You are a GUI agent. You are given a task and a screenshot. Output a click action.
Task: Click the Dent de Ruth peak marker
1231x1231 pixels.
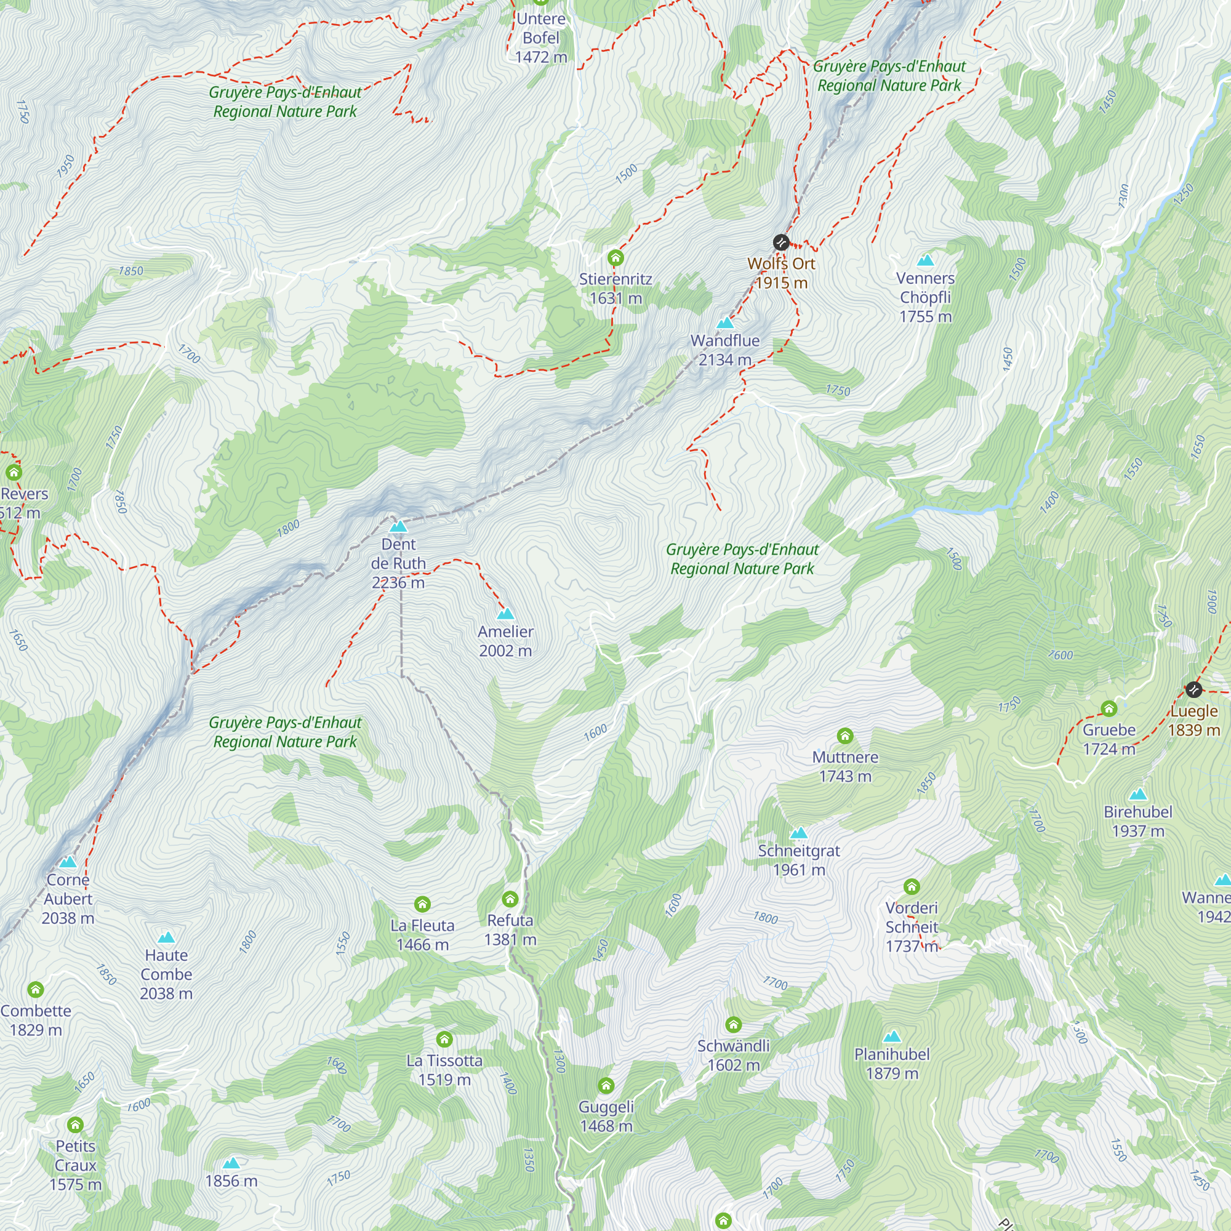coord(398,526)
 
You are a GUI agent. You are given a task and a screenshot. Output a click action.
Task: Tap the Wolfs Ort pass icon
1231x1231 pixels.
coord(781,242)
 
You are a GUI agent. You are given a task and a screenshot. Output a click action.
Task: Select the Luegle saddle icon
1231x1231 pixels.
coord(1193,689)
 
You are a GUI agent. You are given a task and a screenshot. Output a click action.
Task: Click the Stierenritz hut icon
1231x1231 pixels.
coord(615,258)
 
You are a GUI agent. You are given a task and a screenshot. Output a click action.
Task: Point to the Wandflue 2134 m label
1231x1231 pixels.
coord(725,350)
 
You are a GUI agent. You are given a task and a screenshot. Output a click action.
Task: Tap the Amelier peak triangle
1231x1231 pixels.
coord(505,614)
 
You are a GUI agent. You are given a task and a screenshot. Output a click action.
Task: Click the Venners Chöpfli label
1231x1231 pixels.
coord(925,297)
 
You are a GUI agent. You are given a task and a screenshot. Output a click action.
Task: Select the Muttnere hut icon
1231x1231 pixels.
coord(845,736)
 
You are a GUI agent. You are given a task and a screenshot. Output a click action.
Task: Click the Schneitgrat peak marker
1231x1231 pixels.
coord(798,833)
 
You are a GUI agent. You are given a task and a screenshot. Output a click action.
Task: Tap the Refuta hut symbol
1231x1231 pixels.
coord(510,899)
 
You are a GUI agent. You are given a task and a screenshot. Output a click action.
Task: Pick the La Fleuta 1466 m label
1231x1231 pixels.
coord(422,935)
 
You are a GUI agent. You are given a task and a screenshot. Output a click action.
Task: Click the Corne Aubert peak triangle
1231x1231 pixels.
coord(68,862)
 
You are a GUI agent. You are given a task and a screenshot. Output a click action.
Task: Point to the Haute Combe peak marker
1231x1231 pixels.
coord(166,937)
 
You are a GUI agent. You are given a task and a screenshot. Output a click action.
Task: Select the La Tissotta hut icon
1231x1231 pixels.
coord(445,1039)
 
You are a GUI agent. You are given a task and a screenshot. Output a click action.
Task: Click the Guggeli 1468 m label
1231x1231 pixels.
coord(606,1116)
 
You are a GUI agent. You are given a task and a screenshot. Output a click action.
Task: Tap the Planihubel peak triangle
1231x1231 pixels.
coord(892,1036)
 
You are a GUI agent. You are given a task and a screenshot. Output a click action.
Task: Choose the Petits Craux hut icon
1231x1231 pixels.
coord(75,1125)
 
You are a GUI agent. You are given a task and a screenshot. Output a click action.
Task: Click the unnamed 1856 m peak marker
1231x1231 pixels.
coord(231,1163)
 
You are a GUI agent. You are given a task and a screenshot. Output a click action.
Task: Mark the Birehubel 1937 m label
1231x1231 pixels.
coord(1138,820)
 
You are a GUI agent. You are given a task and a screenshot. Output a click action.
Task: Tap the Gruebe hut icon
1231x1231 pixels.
coord(1109,708)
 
